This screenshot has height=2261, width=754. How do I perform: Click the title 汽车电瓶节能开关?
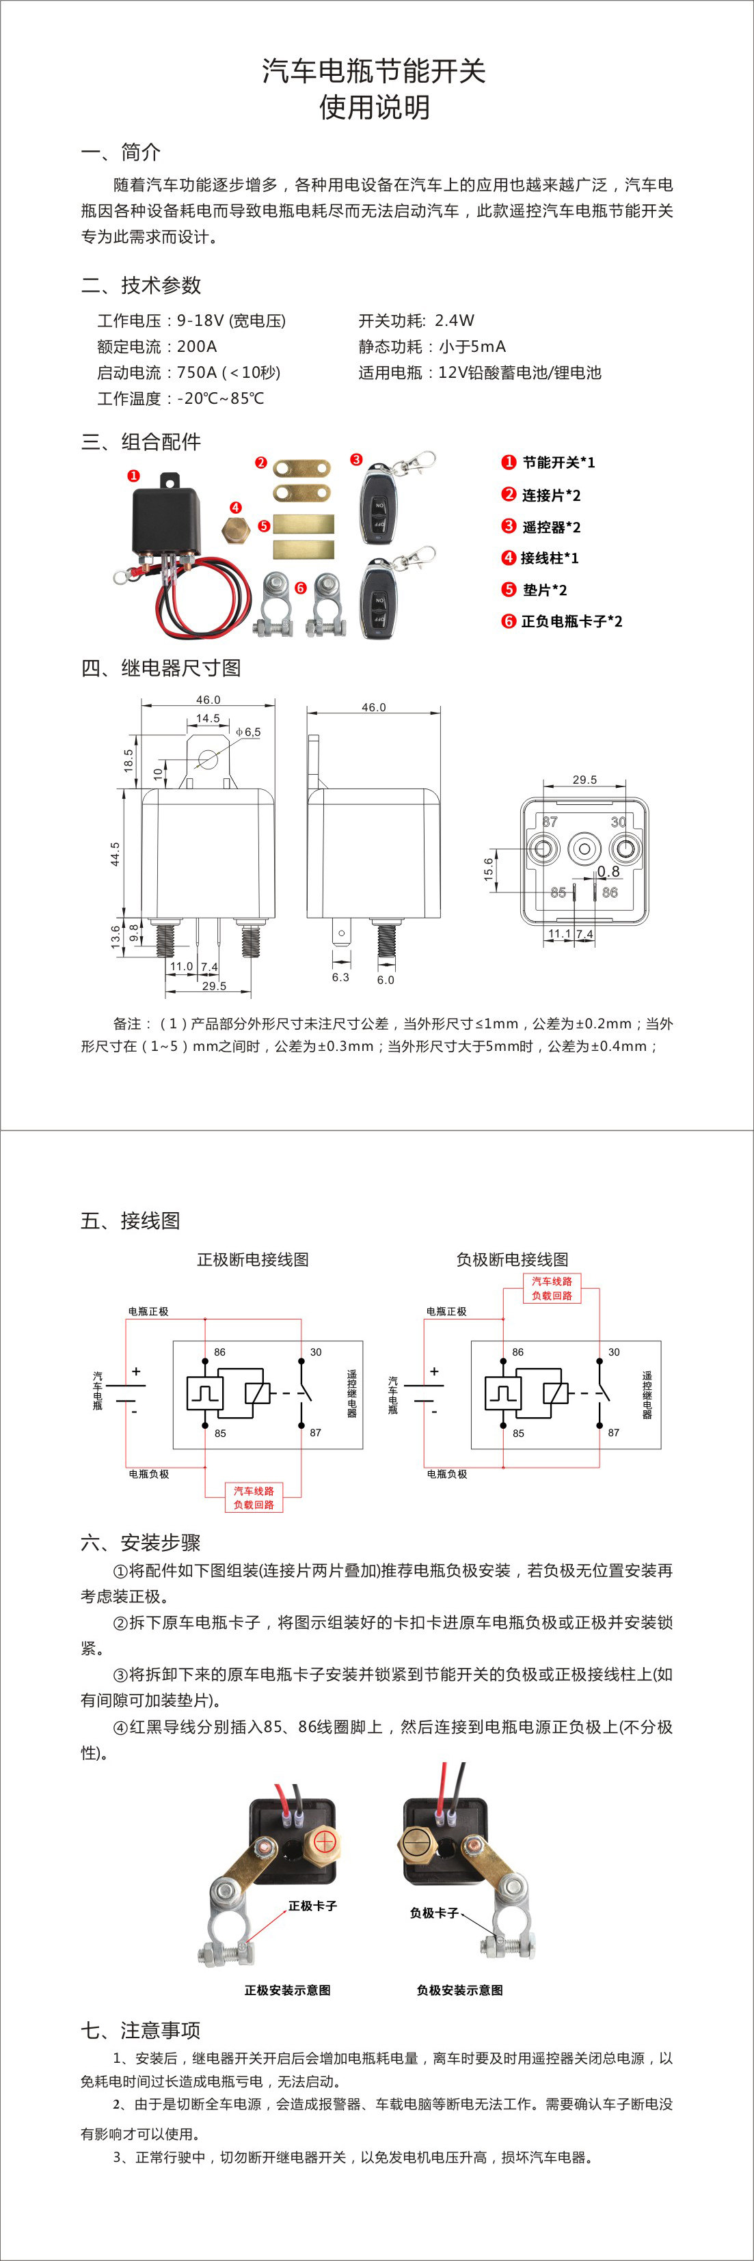(374, 71)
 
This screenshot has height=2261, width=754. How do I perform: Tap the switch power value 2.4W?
(454, 320)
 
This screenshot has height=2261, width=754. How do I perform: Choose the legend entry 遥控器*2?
(550, 527)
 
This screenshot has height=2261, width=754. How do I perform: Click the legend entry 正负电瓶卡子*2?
(571, 621)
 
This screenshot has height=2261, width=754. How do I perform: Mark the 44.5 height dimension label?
(115, 853)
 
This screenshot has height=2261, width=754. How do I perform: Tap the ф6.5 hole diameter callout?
(247, 731)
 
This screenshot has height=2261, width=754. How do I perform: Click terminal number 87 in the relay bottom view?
(550, 821)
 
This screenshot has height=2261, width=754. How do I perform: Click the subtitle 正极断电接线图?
(253, 1259)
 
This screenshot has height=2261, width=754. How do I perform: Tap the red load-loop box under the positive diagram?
(254, 1497)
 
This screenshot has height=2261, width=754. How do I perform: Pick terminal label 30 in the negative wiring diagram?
(614, 1352)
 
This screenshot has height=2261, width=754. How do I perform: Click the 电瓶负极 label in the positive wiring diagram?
(148, 1474)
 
